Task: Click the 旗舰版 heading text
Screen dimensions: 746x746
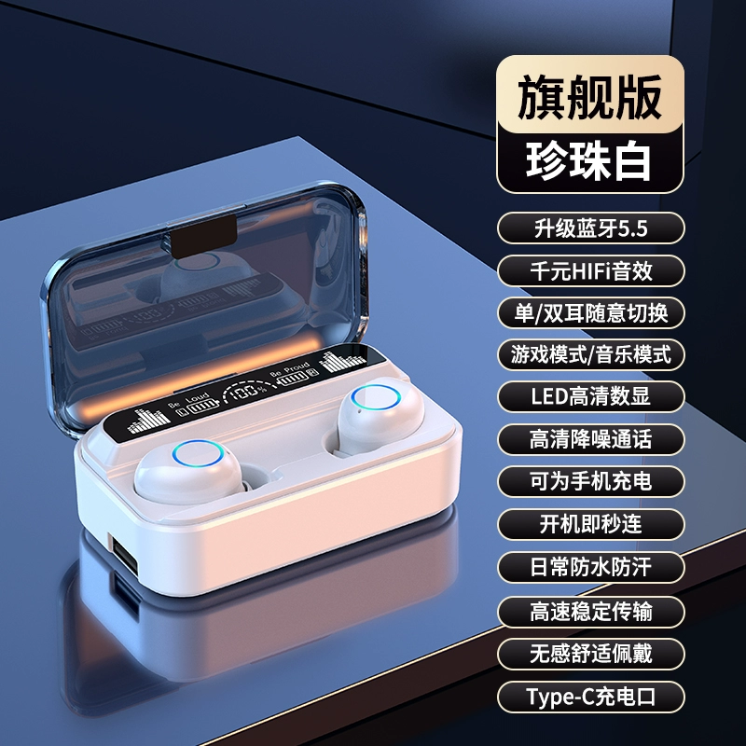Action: click(x=589, y=97)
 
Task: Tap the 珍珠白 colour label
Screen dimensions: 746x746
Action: click(x=589, y=160)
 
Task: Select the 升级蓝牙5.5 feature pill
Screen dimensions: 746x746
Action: click(x=591, y=228)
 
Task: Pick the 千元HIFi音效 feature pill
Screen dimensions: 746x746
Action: click(x=591, y=270)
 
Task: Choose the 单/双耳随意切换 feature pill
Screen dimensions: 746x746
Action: click(x=591, y=312)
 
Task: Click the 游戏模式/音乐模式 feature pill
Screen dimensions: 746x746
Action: click(x=591, y=354)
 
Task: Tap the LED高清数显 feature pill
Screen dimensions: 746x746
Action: click(x=591, y=396)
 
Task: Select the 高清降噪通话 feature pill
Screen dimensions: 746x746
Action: click(x=591, y=439)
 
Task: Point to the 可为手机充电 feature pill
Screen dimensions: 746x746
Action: click(x=591, y=481)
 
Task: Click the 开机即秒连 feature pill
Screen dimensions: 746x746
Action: click(x=591, y=524)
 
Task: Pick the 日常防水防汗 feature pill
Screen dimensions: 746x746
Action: click(x=591, y=567)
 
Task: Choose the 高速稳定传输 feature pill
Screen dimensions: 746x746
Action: click(x=591, y=612)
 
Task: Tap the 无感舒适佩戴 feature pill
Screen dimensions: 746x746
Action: click(x=591, y=654)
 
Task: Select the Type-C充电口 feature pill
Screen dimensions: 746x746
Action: click(x=591, y=697)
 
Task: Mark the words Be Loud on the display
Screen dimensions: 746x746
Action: click(x=189, y=400)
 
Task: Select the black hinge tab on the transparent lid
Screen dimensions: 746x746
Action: click(x=203, y=236)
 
